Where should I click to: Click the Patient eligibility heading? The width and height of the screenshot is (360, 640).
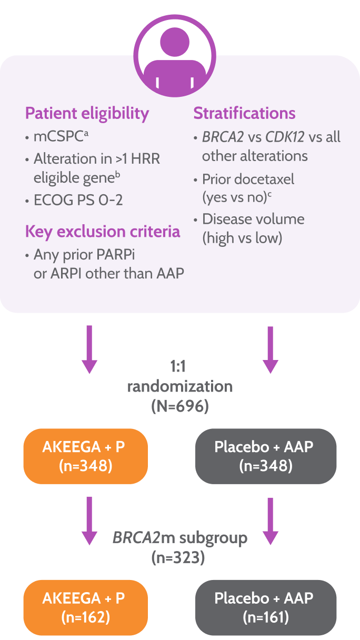point(87,113)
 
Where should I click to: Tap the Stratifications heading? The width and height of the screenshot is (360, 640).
point(244,113)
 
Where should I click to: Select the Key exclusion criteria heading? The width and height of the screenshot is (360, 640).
point(103,232)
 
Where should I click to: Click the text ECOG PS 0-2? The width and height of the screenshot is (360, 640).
point(78,200)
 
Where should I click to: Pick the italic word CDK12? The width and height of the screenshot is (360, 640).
point(285,137)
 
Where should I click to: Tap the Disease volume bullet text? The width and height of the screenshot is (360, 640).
point(253,219)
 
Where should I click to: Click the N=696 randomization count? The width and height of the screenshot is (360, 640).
point(179,407)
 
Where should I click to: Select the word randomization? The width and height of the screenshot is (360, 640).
point(179,387)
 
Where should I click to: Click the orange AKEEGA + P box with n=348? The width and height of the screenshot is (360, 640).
point(85,456)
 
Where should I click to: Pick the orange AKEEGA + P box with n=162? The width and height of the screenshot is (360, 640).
point(85,607)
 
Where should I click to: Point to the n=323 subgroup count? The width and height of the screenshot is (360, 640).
point(179,557)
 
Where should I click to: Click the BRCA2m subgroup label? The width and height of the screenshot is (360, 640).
point(179,538)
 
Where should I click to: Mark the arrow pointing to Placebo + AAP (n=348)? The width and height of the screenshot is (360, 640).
point(270,349)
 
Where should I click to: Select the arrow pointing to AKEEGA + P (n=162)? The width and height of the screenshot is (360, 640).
point(89,521)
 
